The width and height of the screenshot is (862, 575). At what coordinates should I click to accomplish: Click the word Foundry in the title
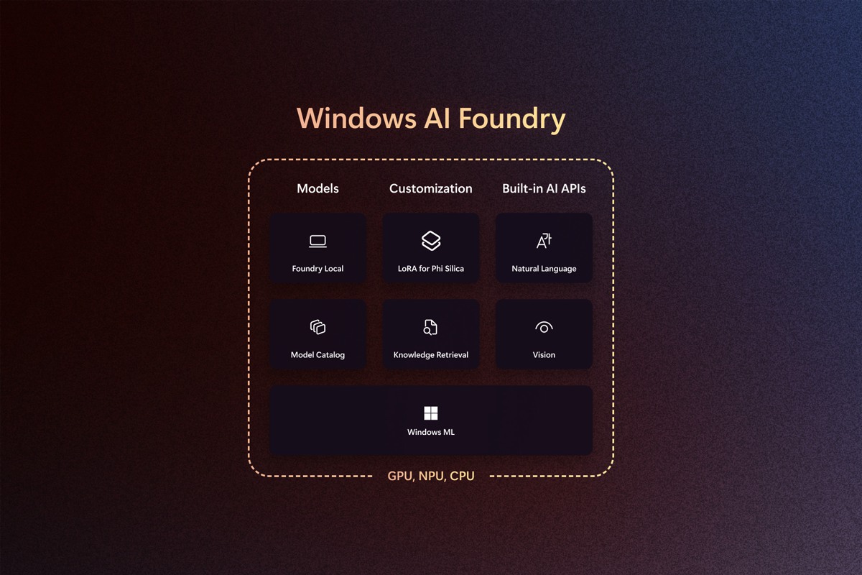(511, 119)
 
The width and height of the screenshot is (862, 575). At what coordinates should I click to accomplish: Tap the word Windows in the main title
(357, 117)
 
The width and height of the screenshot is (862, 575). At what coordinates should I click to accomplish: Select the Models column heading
(318, 188)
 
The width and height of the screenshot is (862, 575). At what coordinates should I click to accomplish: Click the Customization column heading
(430, 188)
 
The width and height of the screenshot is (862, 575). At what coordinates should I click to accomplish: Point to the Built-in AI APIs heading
(544, 188)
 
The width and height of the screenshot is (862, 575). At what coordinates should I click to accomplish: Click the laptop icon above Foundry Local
(318, 241)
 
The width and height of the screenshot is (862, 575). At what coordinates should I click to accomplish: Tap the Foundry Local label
(318, 268)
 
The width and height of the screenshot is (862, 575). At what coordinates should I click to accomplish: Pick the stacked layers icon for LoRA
(431, 241)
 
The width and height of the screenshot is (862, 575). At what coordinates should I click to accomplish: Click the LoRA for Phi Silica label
(431, 268)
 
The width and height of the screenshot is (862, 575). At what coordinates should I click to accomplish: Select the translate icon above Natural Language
(544, 241)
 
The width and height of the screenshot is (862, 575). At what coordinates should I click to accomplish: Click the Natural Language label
(544, 268)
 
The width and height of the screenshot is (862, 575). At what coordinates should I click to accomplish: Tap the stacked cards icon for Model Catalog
(318, 327)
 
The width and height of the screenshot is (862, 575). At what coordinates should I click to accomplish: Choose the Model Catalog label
(318, 355)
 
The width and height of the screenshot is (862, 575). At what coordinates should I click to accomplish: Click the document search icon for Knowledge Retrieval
(430, 327)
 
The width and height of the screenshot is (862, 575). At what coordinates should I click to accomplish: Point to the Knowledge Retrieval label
(431, 355)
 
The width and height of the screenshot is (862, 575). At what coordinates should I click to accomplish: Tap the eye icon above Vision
(544, 327)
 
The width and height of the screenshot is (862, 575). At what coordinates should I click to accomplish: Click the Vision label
(544, 355)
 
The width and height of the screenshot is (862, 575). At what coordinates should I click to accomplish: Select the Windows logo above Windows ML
(430, 413)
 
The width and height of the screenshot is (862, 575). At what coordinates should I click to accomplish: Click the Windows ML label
(431, 432)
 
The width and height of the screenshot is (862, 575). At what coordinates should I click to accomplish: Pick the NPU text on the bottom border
(431, 476)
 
